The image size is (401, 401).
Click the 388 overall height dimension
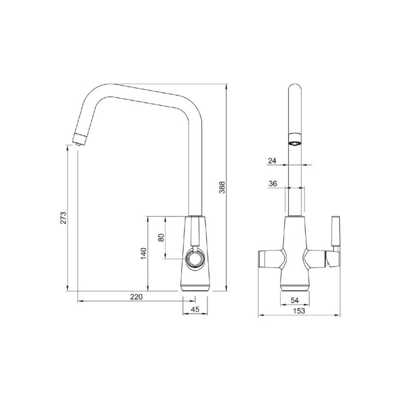click(x=222, y=187)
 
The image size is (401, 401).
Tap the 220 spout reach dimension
click(x=135, y=296)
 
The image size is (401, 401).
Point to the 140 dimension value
click(x=144, y=252)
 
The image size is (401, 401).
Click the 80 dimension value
click(x=161, y=237)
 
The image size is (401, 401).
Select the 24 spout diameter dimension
click(x=272, y=162)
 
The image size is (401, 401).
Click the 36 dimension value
click(x=272, y=184)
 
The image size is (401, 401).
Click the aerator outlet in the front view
click(x=294, y=143)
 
